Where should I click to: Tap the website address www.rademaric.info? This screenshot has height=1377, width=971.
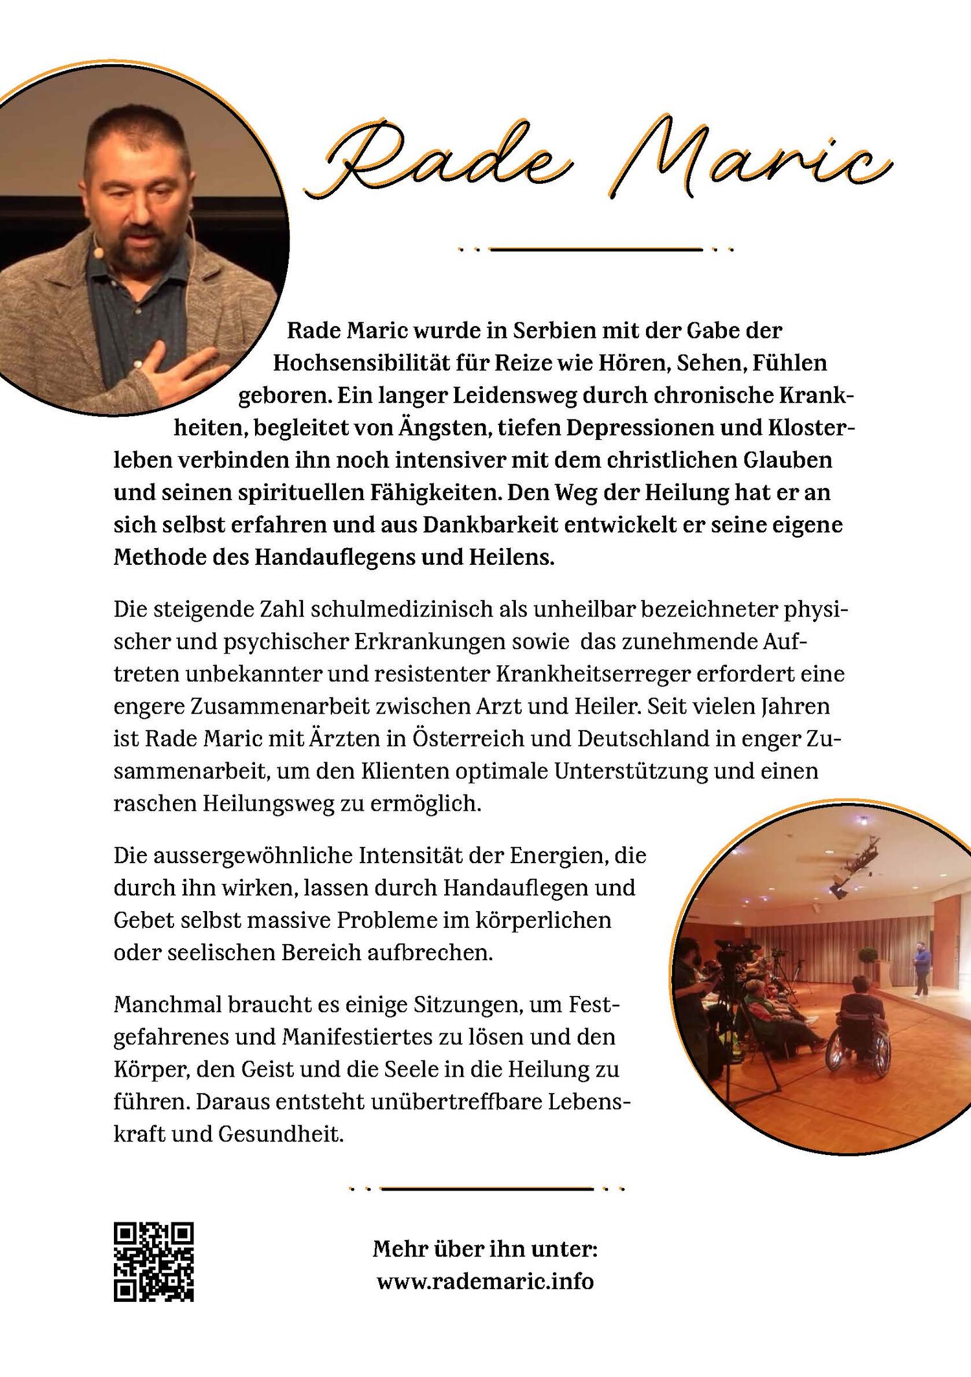[485, 1281]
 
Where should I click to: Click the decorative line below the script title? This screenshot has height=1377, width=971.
[596, 249]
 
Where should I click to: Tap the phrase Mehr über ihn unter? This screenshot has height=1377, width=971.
[485, 1249]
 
